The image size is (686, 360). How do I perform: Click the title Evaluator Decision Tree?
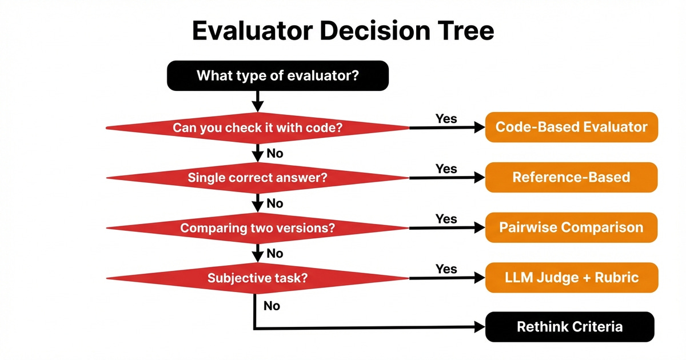pyautogui.click(x=343, y=31)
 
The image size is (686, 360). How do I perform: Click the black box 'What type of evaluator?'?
pyautogui.click(x=278, y=75)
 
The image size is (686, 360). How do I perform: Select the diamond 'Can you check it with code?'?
pyautogui.click(x=257, y=128)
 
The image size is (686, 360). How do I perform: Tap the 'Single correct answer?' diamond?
pyautogui.click(x=257, y=178)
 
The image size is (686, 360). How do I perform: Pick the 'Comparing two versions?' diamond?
pyautogui.click(x=257, y=228)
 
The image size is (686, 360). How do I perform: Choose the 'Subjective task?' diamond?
pyautogui.click(x=257, y=278)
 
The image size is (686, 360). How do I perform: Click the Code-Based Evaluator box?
pyautogui.click(x=571, y=127)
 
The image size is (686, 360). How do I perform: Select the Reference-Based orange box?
pyautogui.click(x=571, y=177)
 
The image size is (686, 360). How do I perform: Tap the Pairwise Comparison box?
pyautogui.click(x=571, y=227)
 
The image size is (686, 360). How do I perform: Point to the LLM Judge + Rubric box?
pyautogui.click(x=571, y=278)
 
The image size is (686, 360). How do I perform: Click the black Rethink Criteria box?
pyautogui.click(x=569, y=327)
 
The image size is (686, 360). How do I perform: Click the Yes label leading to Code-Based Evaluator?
pyautogui.click(x=446, y=119)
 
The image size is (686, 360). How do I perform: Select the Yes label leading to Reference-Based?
pyautogui.click(x=446, y=169)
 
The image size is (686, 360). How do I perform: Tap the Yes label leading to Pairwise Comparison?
pyautogui.click(x=446, y=219)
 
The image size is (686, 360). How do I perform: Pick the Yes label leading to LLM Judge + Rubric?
pyautogui.click(x=446, y=269)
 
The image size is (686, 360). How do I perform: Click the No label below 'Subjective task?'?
pyautogui.click(x=272, y=306)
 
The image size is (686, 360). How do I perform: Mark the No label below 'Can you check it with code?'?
pyautogui.click(x=275, y=154)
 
